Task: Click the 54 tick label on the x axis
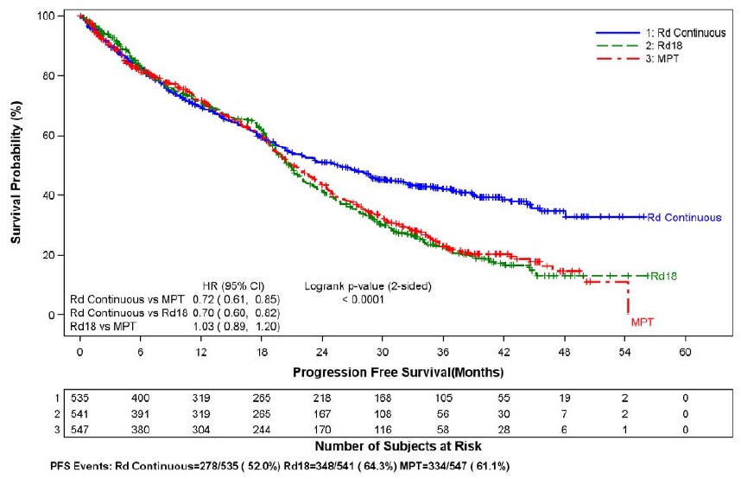(x=627, y=353)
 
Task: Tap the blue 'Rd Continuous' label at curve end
(x=685, y=218)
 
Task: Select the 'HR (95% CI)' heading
(x=238, y=286)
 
